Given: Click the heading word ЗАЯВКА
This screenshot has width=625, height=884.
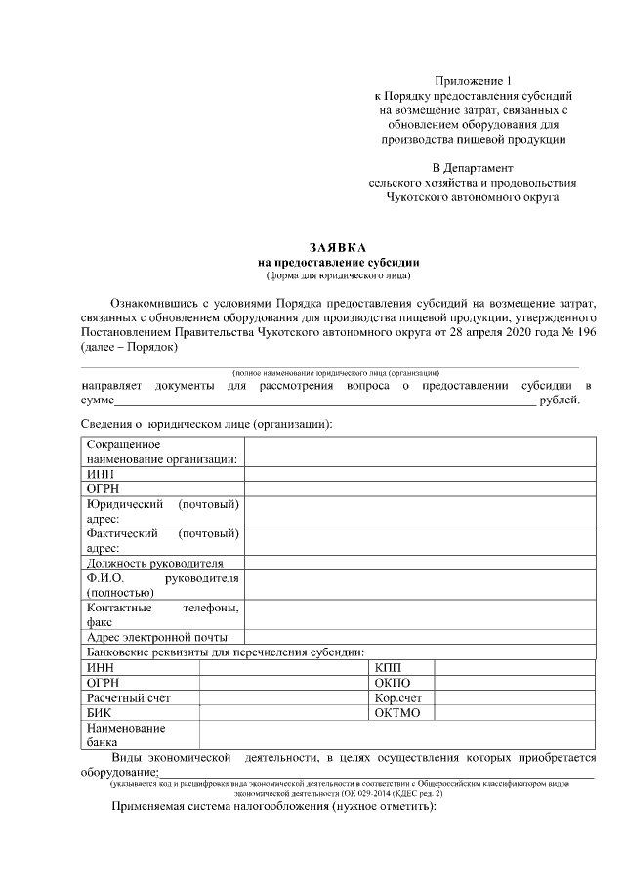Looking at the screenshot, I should tap(338, 249).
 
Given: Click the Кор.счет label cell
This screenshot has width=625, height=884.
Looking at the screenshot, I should tap(397, 697).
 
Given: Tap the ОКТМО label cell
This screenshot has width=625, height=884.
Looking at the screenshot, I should tap(396, 713).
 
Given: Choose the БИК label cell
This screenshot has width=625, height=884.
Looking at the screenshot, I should tap(99, 713).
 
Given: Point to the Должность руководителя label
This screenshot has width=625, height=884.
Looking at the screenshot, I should tap(154, 563).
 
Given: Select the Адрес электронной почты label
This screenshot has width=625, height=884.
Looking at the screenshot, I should tap(156, 637).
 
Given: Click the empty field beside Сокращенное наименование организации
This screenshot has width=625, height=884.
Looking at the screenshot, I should tap(420, 451).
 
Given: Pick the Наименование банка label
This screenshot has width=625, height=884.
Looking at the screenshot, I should tap(126, 736).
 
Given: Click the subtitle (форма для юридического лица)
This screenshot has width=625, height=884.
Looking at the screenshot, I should tap(338, 275).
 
